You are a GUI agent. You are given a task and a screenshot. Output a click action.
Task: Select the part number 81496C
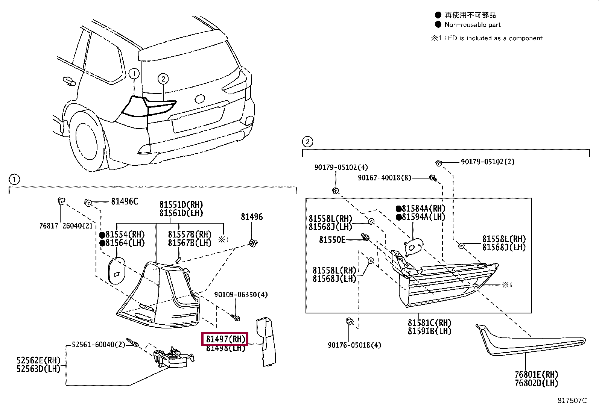click(x=124, y=202)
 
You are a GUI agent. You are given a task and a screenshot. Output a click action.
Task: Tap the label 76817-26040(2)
click(x=66, y=226)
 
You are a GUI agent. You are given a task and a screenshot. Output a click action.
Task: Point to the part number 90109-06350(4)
click(x=241, y=295)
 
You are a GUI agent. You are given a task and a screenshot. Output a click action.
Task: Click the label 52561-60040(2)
click(x=98, y=344)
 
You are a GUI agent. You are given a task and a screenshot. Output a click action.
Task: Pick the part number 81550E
click(x=332, y=239)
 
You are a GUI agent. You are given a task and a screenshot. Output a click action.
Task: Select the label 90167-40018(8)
click(x=385, y=177)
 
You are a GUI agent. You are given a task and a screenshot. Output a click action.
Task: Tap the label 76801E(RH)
click(x=536, y=375)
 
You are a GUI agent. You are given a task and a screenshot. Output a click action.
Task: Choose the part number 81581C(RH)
click(x=429, y=323)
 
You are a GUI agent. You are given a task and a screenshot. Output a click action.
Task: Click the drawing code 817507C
click(x=572, y=401)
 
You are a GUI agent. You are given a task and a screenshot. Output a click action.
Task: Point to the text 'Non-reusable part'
click(x=473, y=25)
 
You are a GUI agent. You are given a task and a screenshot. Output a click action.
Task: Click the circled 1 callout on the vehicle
click(x=134, y=74)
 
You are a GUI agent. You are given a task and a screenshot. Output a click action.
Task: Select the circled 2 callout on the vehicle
click(x=163, y=79)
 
